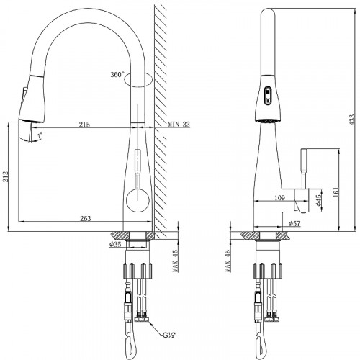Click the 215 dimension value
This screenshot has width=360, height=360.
(84, 124)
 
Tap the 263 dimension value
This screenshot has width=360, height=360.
(86, 218)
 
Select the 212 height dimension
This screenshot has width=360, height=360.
(5, 176)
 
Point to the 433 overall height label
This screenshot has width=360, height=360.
(351, 120)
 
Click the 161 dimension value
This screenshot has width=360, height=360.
(336, 192)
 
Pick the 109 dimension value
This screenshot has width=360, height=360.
(279, 197)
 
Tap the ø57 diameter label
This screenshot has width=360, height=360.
(294, 223)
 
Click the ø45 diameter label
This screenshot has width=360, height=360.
(318, 200)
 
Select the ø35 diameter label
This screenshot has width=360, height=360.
(115, 244)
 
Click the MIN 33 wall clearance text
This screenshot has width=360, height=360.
(179, 125)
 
